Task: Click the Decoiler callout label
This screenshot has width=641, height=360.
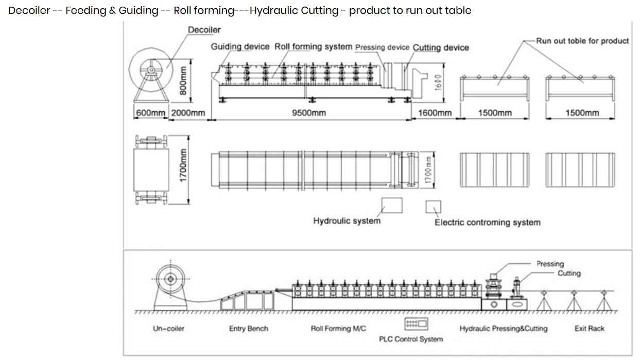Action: (x=204, y=30)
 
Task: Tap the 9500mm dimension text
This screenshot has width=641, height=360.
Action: (x=309, y=113)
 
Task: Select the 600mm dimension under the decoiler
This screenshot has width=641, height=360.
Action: (x=150, y=113)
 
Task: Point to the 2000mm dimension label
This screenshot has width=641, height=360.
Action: (x=188, y=113)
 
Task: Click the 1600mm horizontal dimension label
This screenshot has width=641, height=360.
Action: (x=435, y=113)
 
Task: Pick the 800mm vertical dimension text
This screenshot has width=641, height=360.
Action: (x=183, y=81)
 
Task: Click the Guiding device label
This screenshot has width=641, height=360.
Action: (x=240, y=47)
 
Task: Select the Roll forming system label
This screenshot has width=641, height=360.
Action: (x=314, y=47)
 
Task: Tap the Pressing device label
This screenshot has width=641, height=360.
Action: (x=383, y=47)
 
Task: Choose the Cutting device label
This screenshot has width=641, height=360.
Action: (x=441, y=47)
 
